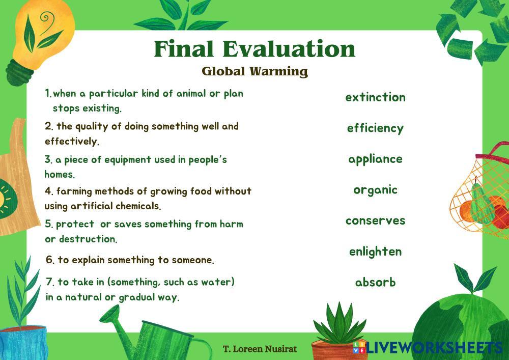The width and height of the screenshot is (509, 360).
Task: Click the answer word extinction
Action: pyautogui.click(x=375, y=97)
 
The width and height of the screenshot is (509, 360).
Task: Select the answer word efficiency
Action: pyautogui.click(x=375, y=128)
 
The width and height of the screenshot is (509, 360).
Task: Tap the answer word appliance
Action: pyautogui.click(x=375, y=159)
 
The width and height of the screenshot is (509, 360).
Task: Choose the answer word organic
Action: pyautogui.click(x=375, y=190)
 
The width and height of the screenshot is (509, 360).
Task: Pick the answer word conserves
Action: pyautogui.click(x=375, y=221)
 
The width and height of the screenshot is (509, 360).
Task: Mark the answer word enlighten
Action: pyautogui.click(x=375, y=252)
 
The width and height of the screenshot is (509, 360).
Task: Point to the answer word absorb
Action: pyautogui.click(x=375, y=282)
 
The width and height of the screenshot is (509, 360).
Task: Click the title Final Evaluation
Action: pyautogui.click(x=254, y=49)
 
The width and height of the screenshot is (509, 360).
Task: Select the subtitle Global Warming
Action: pyautogui.click(x=254, y=71)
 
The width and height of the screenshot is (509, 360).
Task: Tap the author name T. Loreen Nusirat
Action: pyautogui.click(x=260, y=349)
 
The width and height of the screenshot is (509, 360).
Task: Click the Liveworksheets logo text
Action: pyautogui.click(x=433, y=348)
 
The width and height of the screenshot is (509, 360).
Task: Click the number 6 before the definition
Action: pyautogui.click(x=49, y=260)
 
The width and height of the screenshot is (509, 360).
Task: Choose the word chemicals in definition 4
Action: pyautogui.click(x=137, y=206)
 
